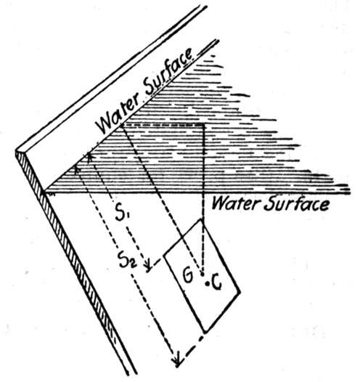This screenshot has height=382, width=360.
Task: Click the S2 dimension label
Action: point(127,259)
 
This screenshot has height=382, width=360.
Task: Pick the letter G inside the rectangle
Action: point(188,275)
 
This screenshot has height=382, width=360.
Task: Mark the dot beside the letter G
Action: point(202,274)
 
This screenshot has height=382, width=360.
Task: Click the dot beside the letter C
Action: point(207,283)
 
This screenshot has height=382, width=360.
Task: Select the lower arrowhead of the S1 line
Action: point(149,267)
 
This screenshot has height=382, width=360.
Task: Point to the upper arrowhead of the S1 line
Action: point(89,156)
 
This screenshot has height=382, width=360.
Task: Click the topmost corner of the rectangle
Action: point(202,220)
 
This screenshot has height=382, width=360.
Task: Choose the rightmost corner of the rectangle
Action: point(240,292)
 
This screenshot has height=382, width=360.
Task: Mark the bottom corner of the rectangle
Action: point(205,333)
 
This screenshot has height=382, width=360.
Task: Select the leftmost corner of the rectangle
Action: point(164,256)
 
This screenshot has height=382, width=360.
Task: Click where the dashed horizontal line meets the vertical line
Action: point(203,125)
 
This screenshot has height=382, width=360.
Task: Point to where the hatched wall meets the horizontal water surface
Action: point(44,192)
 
